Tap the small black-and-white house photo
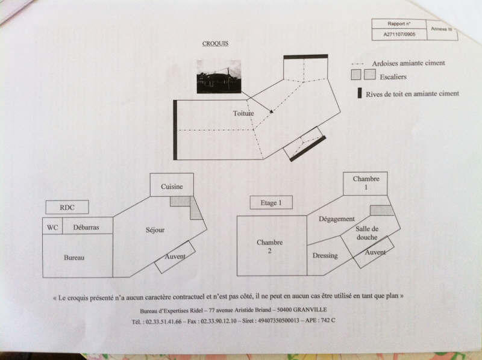(219, 77)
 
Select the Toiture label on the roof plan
(243, 113)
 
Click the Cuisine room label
(172, 187)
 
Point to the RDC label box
(67, 207)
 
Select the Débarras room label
(86, 227)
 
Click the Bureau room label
(74, 258)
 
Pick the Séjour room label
(155, 230)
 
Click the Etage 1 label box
(271, 203)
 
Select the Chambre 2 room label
(269, 246)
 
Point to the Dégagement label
(337, 219)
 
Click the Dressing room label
(325, 256)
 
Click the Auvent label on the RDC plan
(175, 257)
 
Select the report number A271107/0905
(399, 35)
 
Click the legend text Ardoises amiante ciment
(410, 63)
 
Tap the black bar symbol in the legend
(360, 93)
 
